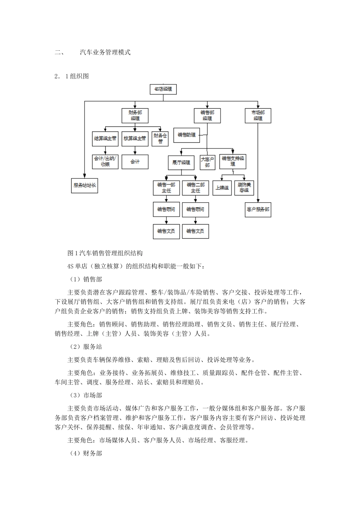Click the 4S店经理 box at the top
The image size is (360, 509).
click(x=163, y=89)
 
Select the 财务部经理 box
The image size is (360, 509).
click(x=135, y=116)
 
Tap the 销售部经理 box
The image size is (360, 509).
click(x=207, y=116)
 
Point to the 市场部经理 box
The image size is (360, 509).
click(x=258, y=116)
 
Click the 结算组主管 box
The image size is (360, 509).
click(x=105, y=139)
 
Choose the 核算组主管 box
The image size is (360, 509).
click(x=135, y=139)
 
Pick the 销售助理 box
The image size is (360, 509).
click(x=186, y=135)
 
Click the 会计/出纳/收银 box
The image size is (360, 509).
click(x=105, y=161)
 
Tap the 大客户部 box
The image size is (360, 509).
click(x=207, y=162)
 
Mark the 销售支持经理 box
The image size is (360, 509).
click(x=233, y=161)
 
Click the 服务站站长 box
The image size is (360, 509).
click(x=85, y=186)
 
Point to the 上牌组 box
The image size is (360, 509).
click(x=222, y=187)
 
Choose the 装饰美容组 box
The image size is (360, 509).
click(x=244, y=187)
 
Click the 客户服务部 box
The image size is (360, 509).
click(x=258, y=209)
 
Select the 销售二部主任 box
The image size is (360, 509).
click(x=195, y=187)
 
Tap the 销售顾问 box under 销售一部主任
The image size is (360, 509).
click(x=166, y=209)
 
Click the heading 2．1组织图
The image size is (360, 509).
click(x=72, y=76)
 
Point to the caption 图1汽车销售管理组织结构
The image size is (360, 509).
click(x=105, y=253)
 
